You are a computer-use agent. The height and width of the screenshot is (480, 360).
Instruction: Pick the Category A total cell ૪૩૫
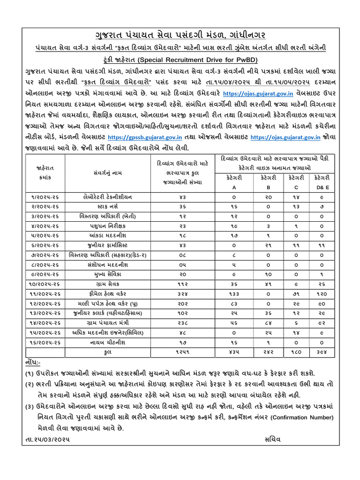point(234,351)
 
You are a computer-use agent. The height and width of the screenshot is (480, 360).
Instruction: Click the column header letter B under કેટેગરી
point(269,187)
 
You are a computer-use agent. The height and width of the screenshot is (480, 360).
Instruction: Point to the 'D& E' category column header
point(322,187)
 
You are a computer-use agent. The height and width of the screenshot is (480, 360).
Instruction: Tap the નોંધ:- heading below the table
point(33,362)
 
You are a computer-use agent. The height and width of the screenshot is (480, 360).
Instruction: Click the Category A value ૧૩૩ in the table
point(234,293)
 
